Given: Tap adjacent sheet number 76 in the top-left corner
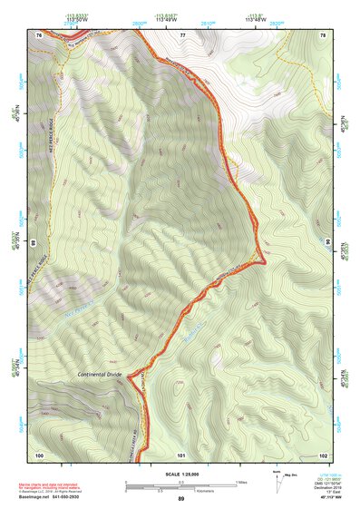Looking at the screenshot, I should (39, 34).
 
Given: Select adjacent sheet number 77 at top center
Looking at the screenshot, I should (182, 34).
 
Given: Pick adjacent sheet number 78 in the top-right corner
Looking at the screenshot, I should (323, 34).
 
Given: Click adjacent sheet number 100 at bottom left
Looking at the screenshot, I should (39, 454).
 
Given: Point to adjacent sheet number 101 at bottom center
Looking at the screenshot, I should (180, 454).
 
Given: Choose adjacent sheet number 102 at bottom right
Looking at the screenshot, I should (322, 454).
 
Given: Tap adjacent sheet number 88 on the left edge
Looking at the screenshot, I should (34, 243).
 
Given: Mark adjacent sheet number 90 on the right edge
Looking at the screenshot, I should (327, 243).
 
